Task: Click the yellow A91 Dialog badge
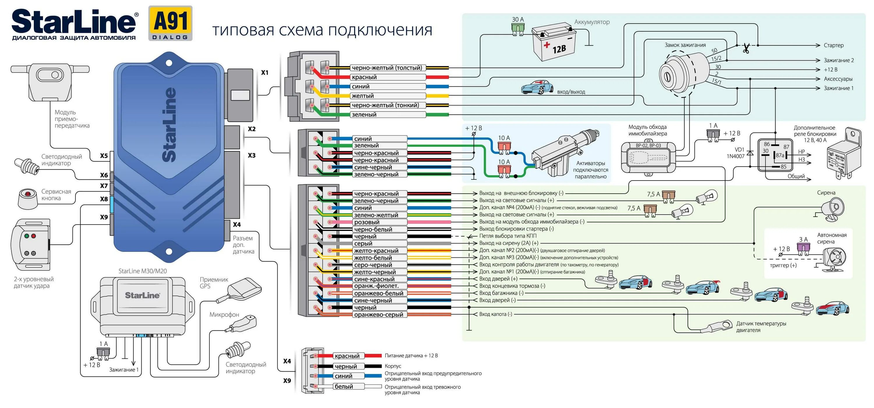170,23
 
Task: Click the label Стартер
833,45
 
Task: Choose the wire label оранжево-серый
379,315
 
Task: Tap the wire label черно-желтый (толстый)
387,68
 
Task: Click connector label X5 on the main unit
104,156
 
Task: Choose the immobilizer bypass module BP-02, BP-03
648,157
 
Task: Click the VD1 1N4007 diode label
735,153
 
